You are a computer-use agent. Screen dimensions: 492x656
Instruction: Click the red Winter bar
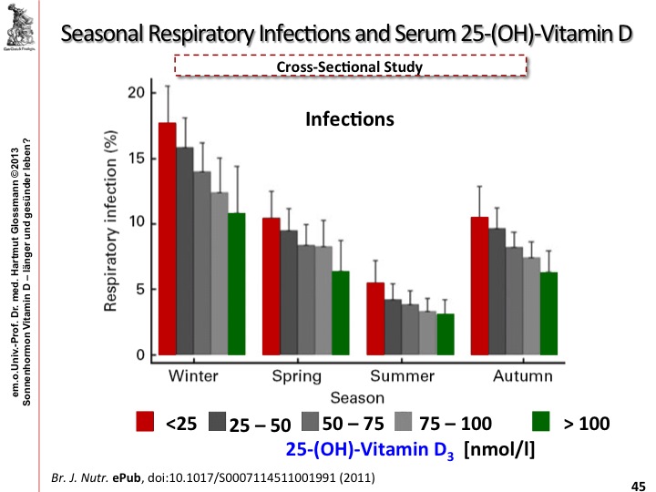168,239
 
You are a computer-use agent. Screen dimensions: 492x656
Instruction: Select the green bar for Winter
237,283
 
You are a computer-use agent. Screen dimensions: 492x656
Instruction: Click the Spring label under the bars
296,376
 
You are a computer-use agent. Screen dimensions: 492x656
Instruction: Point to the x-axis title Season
357,397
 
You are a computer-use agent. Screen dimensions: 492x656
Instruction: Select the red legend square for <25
145,422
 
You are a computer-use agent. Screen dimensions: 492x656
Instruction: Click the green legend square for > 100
541,422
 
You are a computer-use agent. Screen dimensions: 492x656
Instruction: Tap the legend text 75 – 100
455,424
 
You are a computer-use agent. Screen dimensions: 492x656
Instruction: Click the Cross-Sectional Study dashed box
350,66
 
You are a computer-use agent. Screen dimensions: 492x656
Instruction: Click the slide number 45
638,484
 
